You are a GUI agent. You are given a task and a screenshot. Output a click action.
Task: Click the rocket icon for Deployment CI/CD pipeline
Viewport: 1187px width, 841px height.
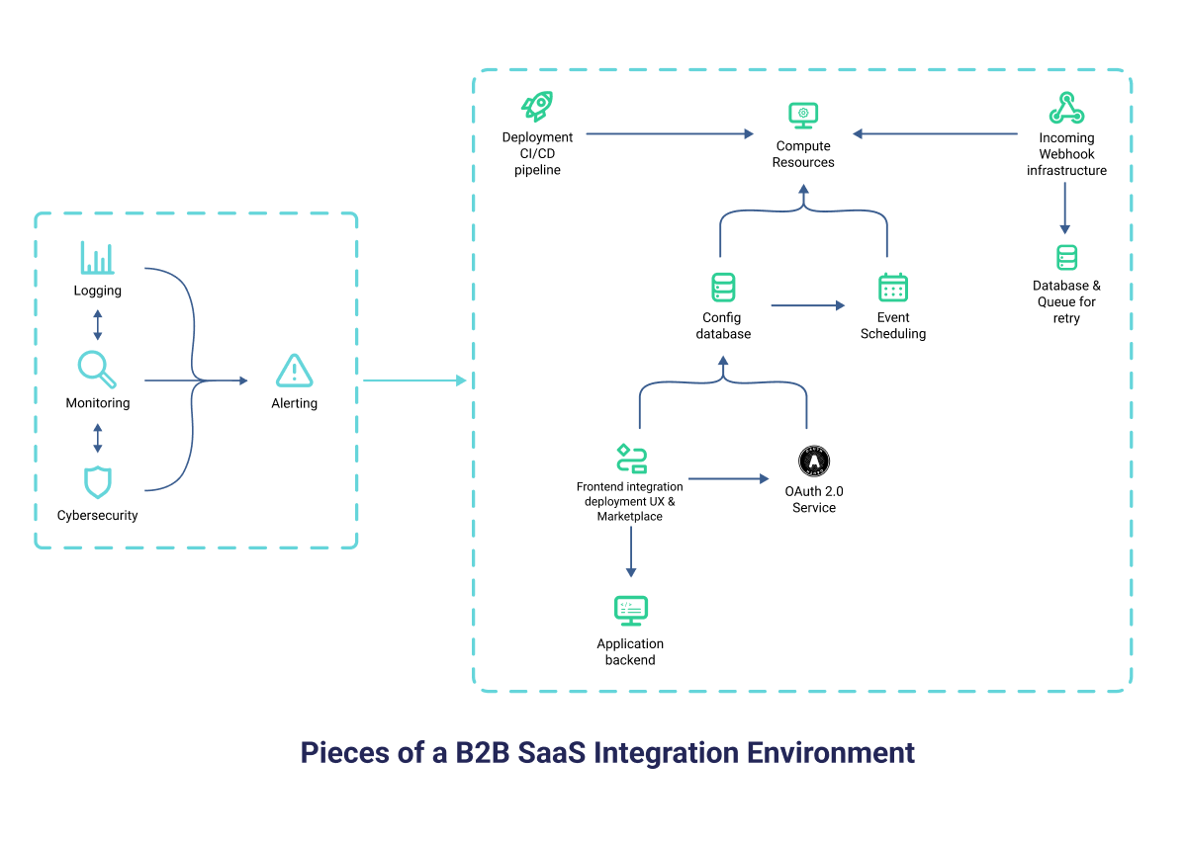[537, 107]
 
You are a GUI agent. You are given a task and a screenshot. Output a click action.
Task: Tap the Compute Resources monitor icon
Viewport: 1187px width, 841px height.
[803, 115]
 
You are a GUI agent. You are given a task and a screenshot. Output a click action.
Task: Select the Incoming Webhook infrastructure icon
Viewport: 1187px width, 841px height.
[1066, 108]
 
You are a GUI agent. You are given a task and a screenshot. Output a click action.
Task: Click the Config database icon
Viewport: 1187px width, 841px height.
[723, 288]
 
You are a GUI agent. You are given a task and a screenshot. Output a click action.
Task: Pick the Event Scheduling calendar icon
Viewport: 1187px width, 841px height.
[893, 288]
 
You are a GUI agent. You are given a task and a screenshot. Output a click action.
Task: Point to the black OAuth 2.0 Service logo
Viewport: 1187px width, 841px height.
[813, 461]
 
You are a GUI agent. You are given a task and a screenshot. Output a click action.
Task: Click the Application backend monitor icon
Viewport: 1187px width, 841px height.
[631, 611]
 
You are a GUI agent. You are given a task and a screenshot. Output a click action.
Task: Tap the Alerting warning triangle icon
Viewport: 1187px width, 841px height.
[294, 371]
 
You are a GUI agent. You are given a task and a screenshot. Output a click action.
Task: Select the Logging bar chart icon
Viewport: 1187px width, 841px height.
[97, 258]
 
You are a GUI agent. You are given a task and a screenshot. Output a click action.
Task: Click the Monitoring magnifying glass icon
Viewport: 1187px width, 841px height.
[97, 370]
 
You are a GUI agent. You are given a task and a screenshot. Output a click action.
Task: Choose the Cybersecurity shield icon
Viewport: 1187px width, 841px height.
[97, 482]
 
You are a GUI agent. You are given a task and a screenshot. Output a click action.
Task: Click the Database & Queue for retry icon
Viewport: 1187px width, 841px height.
[1066, 258]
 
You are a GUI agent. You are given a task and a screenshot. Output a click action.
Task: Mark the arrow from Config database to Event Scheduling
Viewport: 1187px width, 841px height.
[807, 305]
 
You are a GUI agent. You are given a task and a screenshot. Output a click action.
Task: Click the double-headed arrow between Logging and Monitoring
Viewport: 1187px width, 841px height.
[97, 324]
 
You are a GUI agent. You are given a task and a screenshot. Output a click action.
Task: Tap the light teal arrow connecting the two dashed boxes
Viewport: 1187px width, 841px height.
[413, 380]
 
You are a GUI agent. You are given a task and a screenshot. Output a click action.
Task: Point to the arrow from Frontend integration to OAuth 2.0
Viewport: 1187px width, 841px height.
[728, 479]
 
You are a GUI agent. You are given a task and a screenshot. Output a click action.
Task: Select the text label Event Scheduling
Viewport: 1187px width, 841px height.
[893, 325]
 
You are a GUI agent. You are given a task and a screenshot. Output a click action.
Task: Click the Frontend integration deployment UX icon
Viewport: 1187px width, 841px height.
[630, 459]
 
